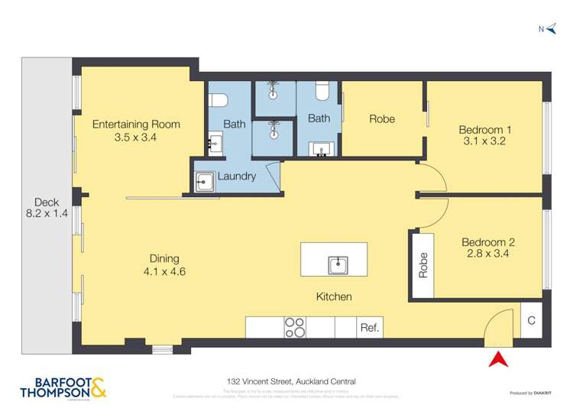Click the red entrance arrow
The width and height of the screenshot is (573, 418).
(x=497, y=358)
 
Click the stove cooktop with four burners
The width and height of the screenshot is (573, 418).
(x=295, y=327)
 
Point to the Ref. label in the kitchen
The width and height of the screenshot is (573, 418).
(x=369, y=328)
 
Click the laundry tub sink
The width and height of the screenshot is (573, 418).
(x=205, y=180)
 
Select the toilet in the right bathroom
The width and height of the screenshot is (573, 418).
(x=322, y=92)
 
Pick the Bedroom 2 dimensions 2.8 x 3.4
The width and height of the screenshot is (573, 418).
(x=485, y=254)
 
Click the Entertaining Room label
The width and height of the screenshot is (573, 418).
(x=136, y=125)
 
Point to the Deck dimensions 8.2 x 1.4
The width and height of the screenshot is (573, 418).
(x=47, y=214)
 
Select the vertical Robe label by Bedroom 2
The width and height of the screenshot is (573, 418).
(x=423, y=264)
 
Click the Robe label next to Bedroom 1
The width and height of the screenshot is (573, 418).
(x=382, y=118)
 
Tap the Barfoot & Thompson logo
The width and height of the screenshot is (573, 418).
(x=63, y=388)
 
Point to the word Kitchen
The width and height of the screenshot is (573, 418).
(x=335, y=296)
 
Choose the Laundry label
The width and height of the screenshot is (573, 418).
(x=237, y=177)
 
